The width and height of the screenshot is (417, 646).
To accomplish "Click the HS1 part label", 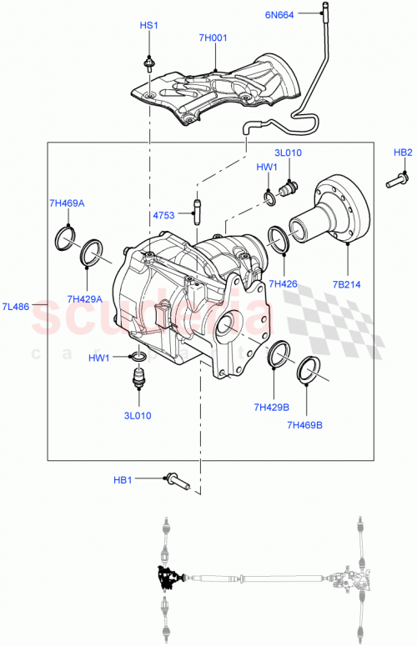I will tap(148, 27).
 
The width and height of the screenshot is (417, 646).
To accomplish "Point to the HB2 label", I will tap(403, 153).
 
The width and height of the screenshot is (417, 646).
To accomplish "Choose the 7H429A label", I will tap(85, 299).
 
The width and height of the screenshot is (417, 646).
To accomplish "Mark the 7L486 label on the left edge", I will tap(16, 307).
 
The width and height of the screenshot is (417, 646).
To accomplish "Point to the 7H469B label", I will tap(304, 425).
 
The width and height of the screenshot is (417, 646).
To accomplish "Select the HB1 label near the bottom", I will tap(123, 479).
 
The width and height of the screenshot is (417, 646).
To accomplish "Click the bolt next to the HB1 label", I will tap(179, 480).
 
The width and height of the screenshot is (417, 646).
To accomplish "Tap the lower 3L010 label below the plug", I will tap(138, 414).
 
